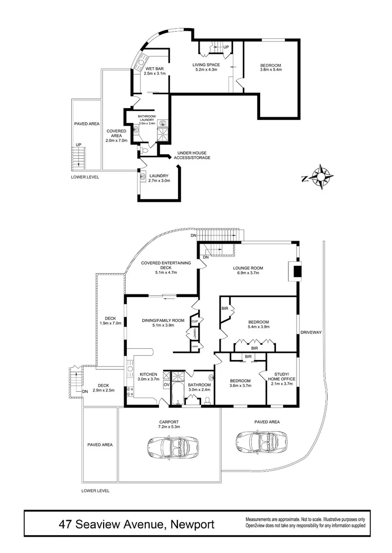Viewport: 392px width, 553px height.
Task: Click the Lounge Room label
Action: pyautogui.click(x=248, y=268)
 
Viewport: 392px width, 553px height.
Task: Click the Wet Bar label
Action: pyautogui.click(x=154, y=69)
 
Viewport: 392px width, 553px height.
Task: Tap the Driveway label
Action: pyautogui.click(x=311, y=332)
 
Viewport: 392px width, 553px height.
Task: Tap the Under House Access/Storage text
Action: pyautogui.click(x=193, y=155)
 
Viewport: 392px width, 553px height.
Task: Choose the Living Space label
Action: pyautogui.click(x=206, y=65)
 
